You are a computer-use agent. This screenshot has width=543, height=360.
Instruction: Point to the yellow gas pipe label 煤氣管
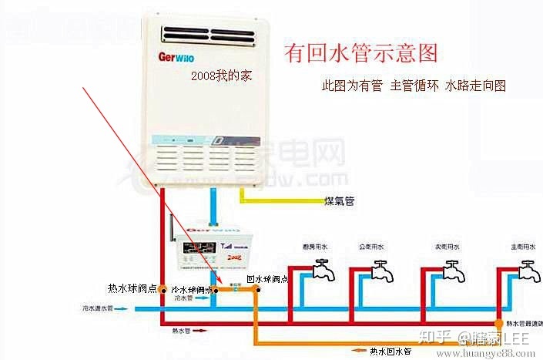339,202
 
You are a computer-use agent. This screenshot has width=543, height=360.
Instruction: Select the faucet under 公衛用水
380,271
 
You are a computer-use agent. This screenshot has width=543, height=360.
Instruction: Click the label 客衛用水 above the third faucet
447,247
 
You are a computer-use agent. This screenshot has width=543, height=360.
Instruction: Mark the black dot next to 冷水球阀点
217,291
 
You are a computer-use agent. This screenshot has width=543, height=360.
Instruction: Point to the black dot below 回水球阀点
259,291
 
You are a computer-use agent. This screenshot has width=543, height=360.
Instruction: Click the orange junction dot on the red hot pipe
497,321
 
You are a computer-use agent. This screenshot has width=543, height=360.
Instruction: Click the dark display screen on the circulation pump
202,249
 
